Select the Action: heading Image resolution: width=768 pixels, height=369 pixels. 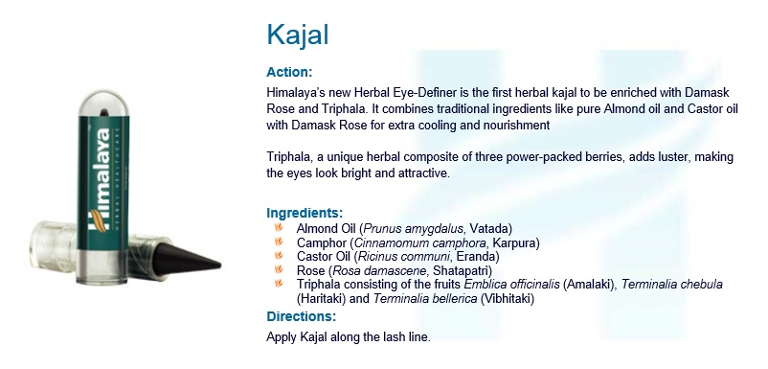(x=289, y=72)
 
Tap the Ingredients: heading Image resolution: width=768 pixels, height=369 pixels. (x=305, y=213)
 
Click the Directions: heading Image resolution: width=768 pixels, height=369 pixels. (x=301, y=316)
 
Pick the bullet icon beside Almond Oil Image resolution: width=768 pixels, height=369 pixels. (x=278, y=228)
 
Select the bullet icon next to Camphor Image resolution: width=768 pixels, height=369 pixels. (x=278, y=242)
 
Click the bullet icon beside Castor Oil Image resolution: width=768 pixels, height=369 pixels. (x=278, y=257)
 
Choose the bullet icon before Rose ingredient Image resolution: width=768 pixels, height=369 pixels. (x=278, y=271)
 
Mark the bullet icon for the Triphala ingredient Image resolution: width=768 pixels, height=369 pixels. (x=278, y=285)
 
